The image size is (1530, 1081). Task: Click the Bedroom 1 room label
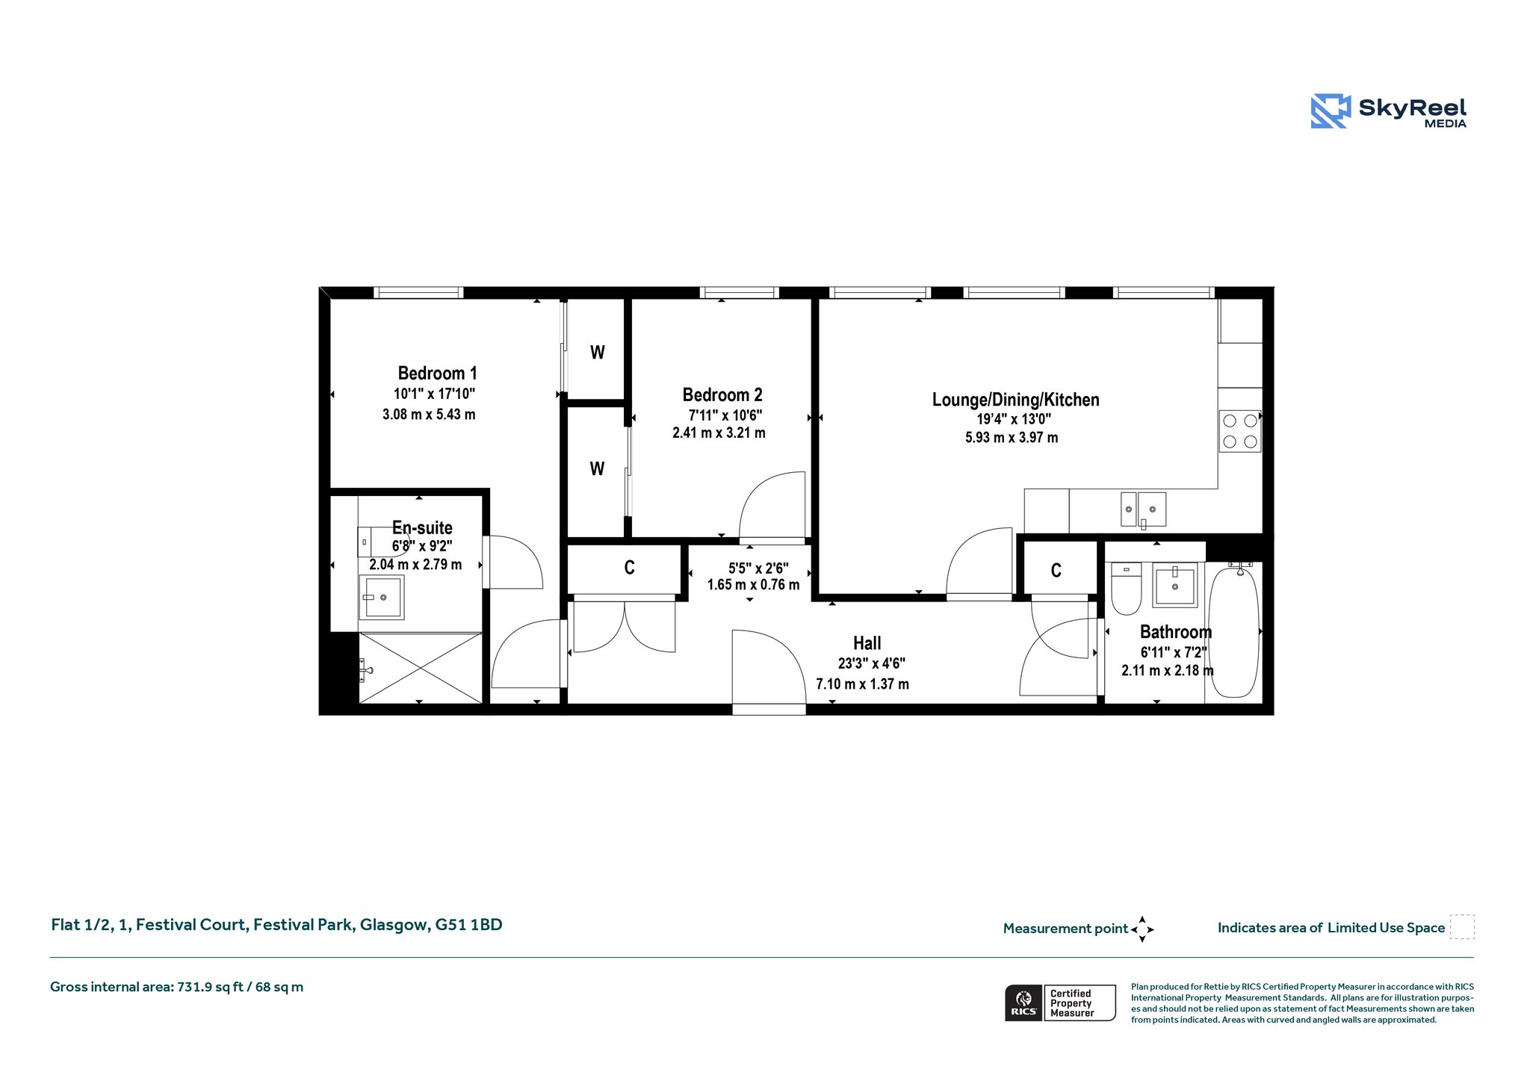[x=437, y=373]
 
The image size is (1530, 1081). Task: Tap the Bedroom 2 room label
[x=722, y=394]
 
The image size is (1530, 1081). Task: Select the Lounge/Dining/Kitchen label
[x=1015, y=400]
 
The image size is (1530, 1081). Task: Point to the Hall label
[x=867, y=643]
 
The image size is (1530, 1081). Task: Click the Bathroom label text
[x=1175, y=632]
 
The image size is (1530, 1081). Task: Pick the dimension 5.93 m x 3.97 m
[x=1012, y=438]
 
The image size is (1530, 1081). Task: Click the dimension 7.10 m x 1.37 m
[x=862, y=684]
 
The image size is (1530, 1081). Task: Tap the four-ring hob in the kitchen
[x=1240, y=431]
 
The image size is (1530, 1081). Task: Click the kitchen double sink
[x=1143, y=509]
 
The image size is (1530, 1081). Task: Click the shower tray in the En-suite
[x=421, y=668]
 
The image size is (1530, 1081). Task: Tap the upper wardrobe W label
[x=598, y=353]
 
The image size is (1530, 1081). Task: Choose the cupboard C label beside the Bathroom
[x=1056, y=571]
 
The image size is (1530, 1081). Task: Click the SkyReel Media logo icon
[x=1331, y=111]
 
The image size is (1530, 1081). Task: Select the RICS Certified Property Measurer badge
[x=1060, y=1003]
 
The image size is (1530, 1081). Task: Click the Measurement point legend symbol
[x=1142, y=929]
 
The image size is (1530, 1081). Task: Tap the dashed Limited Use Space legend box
[x=1462, y=927]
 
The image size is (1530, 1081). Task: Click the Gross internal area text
[x=176, y=987]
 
